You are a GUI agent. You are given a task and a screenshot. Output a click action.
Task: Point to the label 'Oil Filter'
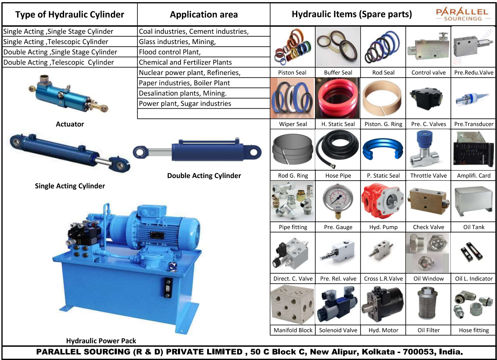(x=429, y=330)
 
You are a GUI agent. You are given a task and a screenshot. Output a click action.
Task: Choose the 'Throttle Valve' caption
(x=429, y=175)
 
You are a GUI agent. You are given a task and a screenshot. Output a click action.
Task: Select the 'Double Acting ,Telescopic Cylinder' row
(x=58, y=62)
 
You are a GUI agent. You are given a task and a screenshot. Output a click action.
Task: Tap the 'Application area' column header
(x=204, y=15)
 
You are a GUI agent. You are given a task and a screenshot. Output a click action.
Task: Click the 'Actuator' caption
(x=70, y=124)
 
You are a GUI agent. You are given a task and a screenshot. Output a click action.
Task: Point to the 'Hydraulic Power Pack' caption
(x=101, y=341)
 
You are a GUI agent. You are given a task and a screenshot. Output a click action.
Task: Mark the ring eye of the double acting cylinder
(x=140, y=152)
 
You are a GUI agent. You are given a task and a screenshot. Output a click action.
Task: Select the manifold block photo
(x=293, y=305)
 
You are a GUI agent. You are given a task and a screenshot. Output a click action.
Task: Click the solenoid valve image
(x=338, y=305)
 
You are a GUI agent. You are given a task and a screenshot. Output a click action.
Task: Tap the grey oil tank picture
(x=473, y=202)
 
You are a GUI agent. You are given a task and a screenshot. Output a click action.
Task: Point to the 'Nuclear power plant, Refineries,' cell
(x=190, y=72)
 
